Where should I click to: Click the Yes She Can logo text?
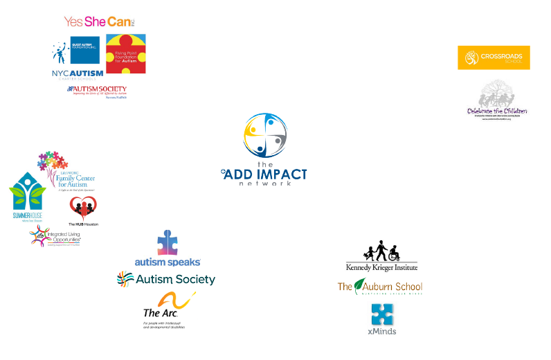coord(94,22)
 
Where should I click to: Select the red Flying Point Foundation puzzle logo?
coord(125,54)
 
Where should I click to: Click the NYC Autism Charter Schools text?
coord(77,74)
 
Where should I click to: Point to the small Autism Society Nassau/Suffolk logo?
coord(96,91)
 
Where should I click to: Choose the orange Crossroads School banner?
coord(494,57)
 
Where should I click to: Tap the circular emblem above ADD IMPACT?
coord(265,134)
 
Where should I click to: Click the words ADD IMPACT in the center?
coord(267,174)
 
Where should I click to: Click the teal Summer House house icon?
coord(27,192)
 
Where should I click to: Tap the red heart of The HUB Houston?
coord(83,207)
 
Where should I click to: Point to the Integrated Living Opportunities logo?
coord(55,237)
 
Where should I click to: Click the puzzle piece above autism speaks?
coord(167,243)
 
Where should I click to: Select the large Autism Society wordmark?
coord(166,280)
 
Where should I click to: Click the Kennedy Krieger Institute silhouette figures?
coord(382,252)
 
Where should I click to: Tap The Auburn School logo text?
coord(379,287)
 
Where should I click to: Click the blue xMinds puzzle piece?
coord(382,314)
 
